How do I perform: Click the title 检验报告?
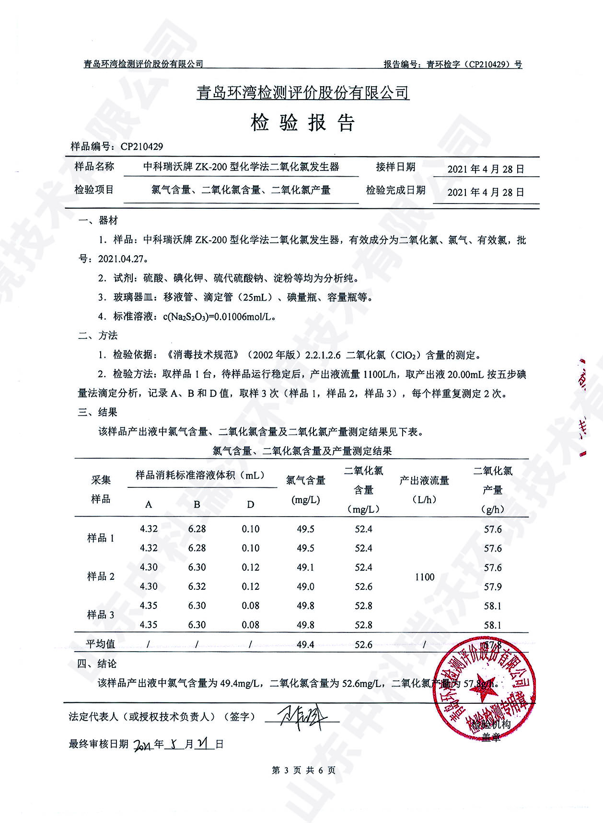pyautogui.click(x=302, y=124)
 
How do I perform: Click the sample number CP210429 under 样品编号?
pyautogui.click(x=142, y=147)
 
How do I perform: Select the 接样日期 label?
pyautogui.click(x=395, y=167)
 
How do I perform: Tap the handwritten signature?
pyautogui.click(x=302, y=718)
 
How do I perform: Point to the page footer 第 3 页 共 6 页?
pyautogui.click(x=303, y=770)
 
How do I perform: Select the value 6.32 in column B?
pyautogui.click(x=197, y=586)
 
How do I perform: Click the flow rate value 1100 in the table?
pyautogui.click(x=424, y=577)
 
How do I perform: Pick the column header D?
pyautogui.click(x=250, y=505)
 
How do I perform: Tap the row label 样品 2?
pyautogui.click(x=101, y=576)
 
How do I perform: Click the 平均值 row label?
pyautogui.click(x=101, y=644)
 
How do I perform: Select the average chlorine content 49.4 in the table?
pyautogui.click(x=305, y=644)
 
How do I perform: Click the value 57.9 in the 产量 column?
pyautogui.click(x=493, y=586)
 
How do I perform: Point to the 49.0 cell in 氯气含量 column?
pyautogui.click(x=305, y=586)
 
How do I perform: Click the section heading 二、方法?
pyautogui.click(x=98, y=336)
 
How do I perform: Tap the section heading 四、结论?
pyautogui.click(x=97, y=664)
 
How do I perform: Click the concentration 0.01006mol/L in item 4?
pyautogui.click(x=244, y=316)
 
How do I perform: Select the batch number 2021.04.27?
pyautogui.click(x=121, y=259)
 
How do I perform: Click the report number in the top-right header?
pyautogui.click(x=453, y=64)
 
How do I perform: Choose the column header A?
pyautogui.click(x=149, y=505)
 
